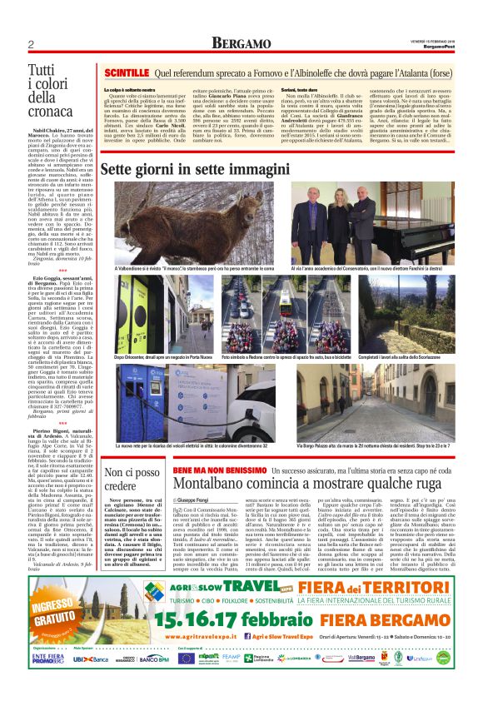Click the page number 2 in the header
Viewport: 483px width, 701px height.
coord(30,43)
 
